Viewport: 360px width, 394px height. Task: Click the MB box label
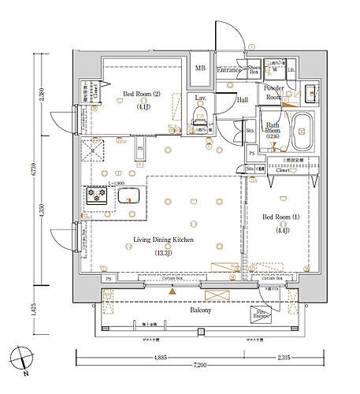[x=199, y=69]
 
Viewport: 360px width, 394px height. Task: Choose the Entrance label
[x=228, y=69]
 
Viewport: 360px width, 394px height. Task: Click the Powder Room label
[x=274, y=91]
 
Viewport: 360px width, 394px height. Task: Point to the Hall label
[x=243, y=99]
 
